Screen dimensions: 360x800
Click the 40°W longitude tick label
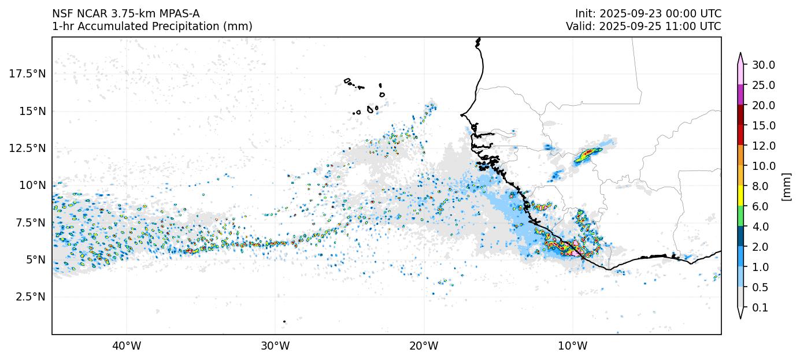[126, 346]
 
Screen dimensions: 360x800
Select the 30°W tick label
[275, 346]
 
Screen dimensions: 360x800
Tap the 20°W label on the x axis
[424, 346]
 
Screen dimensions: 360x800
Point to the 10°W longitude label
[573, 346]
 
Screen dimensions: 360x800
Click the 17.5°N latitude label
[28, 74]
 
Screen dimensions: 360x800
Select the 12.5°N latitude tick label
[28, 149]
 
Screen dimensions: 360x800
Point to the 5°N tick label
[35, 260]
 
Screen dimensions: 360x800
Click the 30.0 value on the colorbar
[764, 65]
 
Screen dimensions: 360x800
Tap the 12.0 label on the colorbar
[764, 146]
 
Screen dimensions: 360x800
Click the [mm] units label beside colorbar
[786, 186]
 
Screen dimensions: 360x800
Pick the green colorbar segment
[740, 217]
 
